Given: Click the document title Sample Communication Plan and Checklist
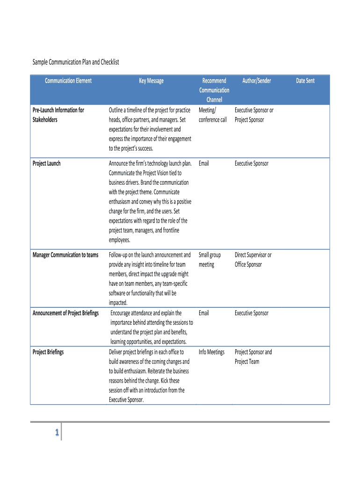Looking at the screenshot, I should pos(75,62).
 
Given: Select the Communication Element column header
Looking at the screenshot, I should pos(68,81).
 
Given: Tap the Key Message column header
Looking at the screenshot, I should pos(151,81).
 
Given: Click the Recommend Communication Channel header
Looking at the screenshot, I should pos(214,90).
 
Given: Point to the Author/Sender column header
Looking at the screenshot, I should pos(257,81).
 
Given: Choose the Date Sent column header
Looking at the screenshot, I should pos(305,81).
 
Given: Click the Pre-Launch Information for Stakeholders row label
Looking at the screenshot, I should pos(58,115).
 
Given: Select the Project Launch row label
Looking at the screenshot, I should pos(46,164).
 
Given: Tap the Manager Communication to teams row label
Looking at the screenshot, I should pos(65,255).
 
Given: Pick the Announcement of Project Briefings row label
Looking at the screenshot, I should pos(65,313).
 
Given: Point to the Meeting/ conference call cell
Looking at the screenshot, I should pos(213,115).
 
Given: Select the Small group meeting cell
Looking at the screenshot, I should pos(209,260).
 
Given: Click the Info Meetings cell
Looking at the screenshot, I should pos(211,352).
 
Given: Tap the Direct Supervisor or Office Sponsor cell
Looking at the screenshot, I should pos(253,260).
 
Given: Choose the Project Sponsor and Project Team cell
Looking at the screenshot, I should pos(253,357).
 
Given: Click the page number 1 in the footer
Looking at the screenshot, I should pos(56,433).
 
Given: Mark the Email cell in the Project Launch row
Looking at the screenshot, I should pos(204,164).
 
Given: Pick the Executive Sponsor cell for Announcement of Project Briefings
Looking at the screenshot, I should pos(252,313).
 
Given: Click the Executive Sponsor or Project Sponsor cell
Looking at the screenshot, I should pos(254,115).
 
